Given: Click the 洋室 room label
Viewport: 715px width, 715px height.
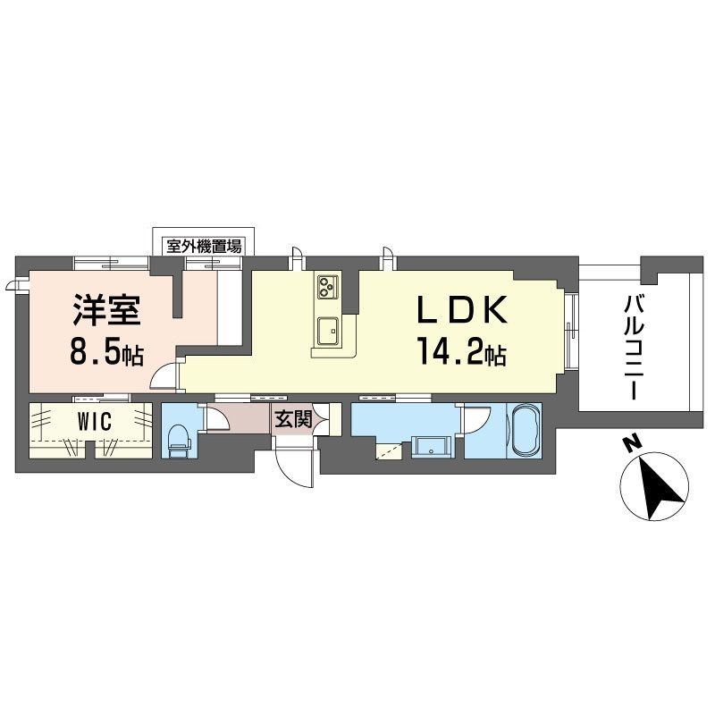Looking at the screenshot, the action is click(x=106, y=309).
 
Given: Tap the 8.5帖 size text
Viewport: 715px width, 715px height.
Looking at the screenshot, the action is click(x=106, y=352).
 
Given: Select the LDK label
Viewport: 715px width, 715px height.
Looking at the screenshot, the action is click(x=461, y=309).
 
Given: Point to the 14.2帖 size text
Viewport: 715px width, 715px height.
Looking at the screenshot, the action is click(x=461, y=352).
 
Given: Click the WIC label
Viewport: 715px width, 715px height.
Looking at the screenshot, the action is click(x=95, y=421).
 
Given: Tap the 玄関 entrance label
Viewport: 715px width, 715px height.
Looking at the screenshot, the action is click(x=293, y=418).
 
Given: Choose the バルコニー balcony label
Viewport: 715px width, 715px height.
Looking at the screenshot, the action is click(x=635, y=347).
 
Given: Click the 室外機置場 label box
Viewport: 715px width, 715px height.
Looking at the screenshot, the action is click(x=204, y=247).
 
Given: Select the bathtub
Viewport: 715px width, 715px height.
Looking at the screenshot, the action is click(x=526, y=429).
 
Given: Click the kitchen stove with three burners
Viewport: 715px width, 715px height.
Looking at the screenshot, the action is click(x=327, y=287).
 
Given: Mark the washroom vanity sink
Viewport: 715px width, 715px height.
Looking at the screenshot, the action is click(x=430, y=448).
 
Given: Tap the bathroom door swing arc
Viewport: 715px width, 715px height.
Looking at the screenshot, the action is click(x=475, y=418).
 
